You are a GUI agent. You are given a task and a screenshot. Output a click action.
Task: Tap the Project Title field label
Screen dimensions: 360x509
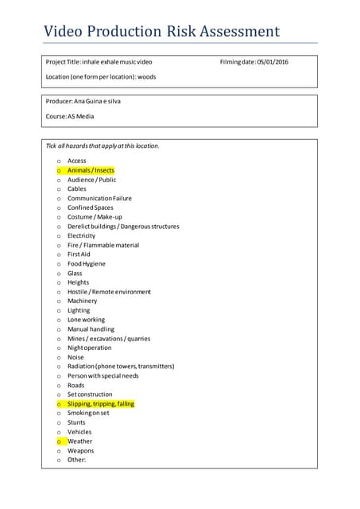(63, 62)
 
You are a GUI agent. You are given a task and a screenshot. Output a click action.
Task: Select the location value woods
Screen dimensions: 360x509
(146, 77)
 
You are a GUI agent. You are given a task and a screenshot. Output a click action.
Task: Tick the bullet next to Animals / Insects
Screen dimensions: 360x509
(59, 171)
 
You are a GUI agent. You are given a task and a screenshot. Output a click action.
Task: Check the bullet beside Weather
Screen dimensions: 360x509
(59, 441)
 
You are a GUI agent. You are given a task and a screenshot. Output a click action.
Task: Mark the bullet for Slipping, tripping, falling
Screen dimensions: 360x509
(59, 404)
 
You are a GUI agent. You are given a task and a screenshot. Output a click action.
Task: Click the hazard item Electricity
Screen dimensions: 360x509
(81, 236)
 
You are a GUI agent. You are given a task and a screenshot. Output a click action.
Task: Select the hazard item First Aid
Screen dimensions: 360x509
(79, 254)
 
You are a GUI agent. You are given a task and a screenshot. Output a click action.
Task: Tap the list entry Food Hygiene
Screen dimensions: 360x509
(86, 264)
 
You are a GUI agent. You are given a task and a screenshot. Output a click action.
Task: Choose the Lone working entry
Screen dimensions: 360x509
(86, 320)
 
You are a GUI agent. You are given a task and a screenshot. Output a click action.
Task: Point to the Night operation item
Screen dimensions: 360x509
(89, 348)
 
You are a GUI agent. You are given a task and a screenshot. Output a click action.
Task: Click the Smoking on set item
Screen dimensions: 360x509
(88, 414)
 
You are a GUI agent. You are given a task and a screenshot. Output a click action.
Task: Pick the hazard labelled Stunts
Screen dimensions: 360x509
(77, 422)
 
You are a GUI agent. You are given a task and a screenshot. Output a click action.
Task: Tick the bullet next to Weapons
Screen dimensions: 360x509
(59, 451)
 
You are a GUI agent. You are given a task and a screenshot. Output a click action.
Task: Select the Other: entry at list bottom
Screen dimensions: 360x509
(76, 460)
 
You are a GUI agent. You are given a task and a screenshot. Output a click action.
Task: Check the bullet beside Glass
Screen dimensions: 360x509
(59, 274)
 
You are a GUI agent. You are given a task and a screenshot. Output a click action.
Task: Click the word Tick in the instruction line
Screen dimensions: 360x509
(52, 146)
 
